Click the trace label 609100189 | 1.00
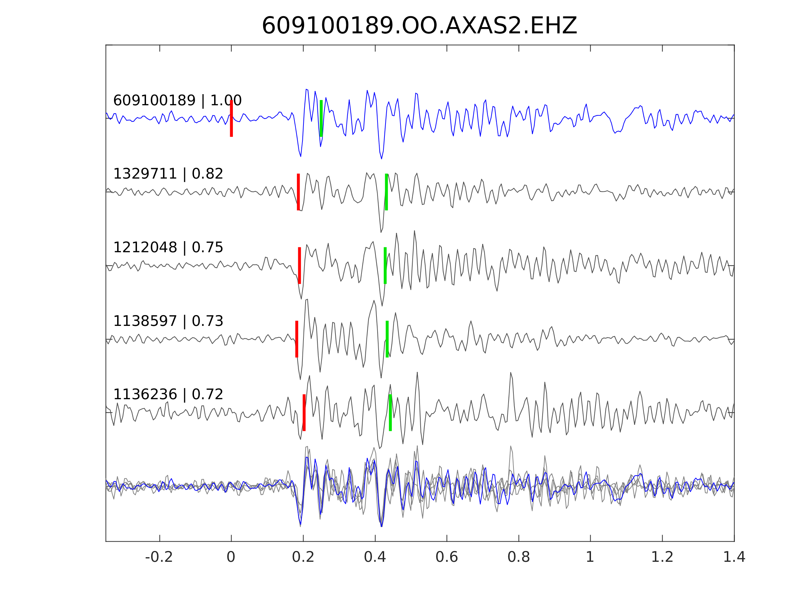(x=177, y=100)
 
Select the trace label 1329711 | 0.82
(x=168, y=174)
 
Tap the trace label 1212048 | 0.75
(x=168, y=247)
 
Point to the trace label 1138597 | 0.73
(x=168, y=321)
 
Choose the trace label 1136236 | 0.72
(x=168, y=394)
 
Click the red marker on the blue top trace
(x=232, y=118)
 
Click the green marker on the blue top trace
(x=321, y=118)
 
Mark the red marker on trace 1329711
(x=299, y=192)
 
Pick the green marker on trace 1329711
(x=387, y=192)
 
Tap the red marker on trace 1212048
(x=300, y=265)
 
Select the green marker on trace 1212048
(x=385, y=265)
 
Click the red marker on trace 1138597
(x=297, y=339)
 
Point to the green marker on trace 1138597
(x=387, y=339)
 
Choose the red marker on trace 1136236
(x=304, y=413)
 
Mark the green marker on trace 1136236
(x=390, y=413)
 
